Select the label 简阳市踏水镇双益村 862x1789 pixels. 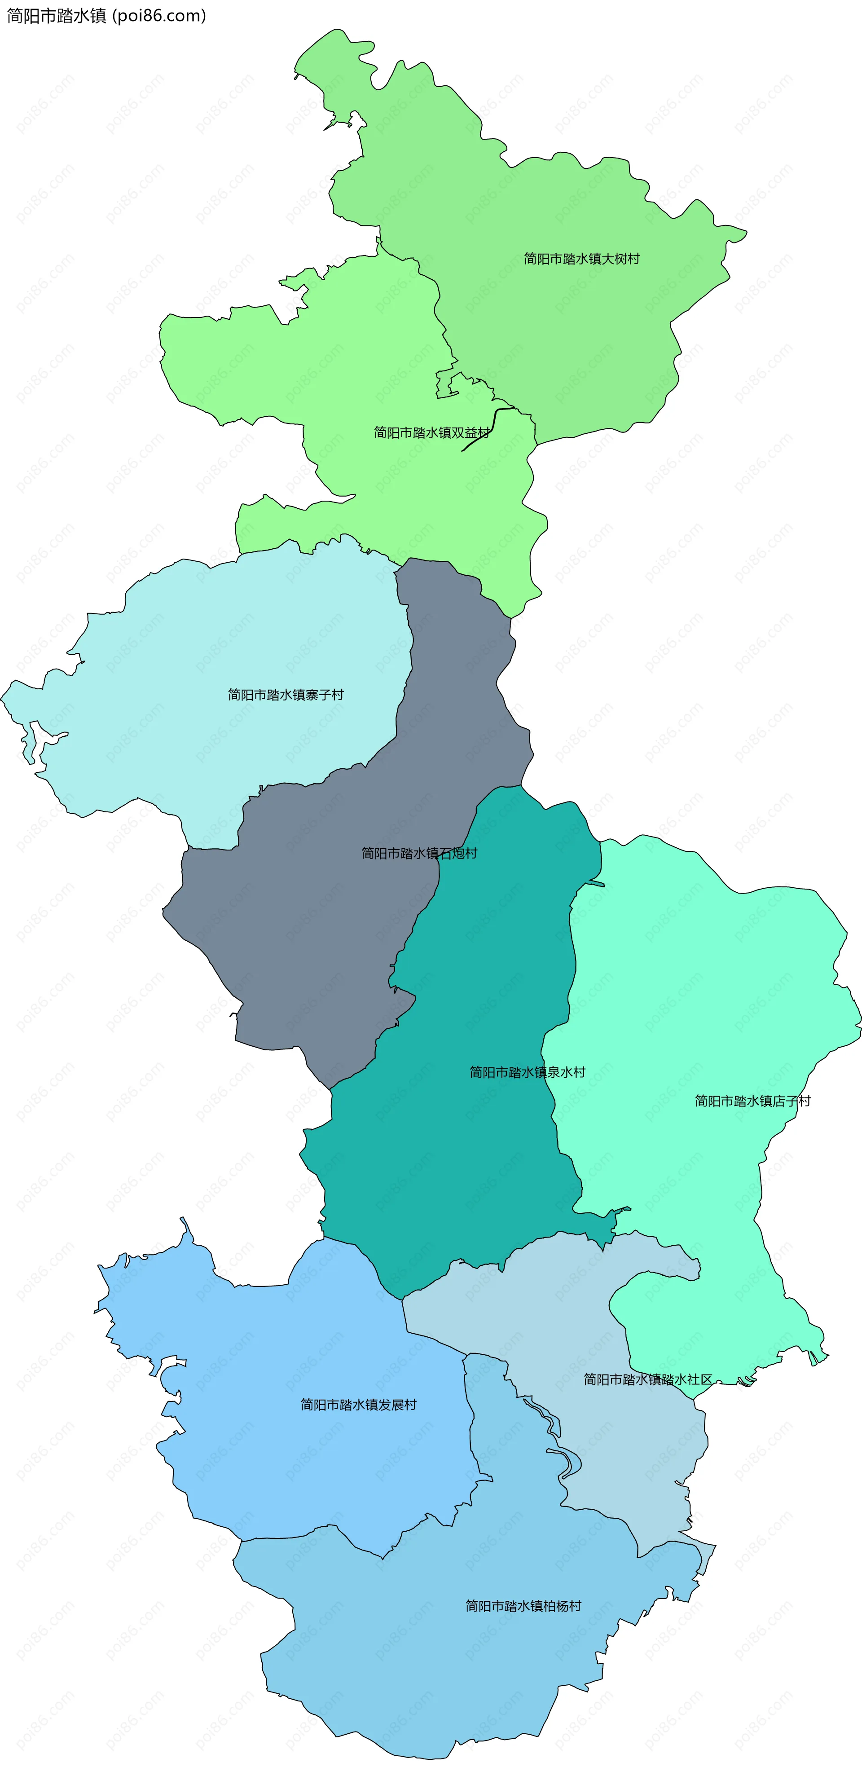click(431, 433)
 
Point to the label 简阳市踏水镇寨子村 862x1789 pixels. click(286, 695)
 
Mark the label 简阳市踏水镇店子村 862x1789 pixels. click(752, 1101)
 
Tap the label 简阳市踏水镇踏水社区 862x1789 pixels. click(647, 1379)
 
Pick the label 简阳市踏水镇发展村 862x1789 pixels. click(358, 1404)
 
